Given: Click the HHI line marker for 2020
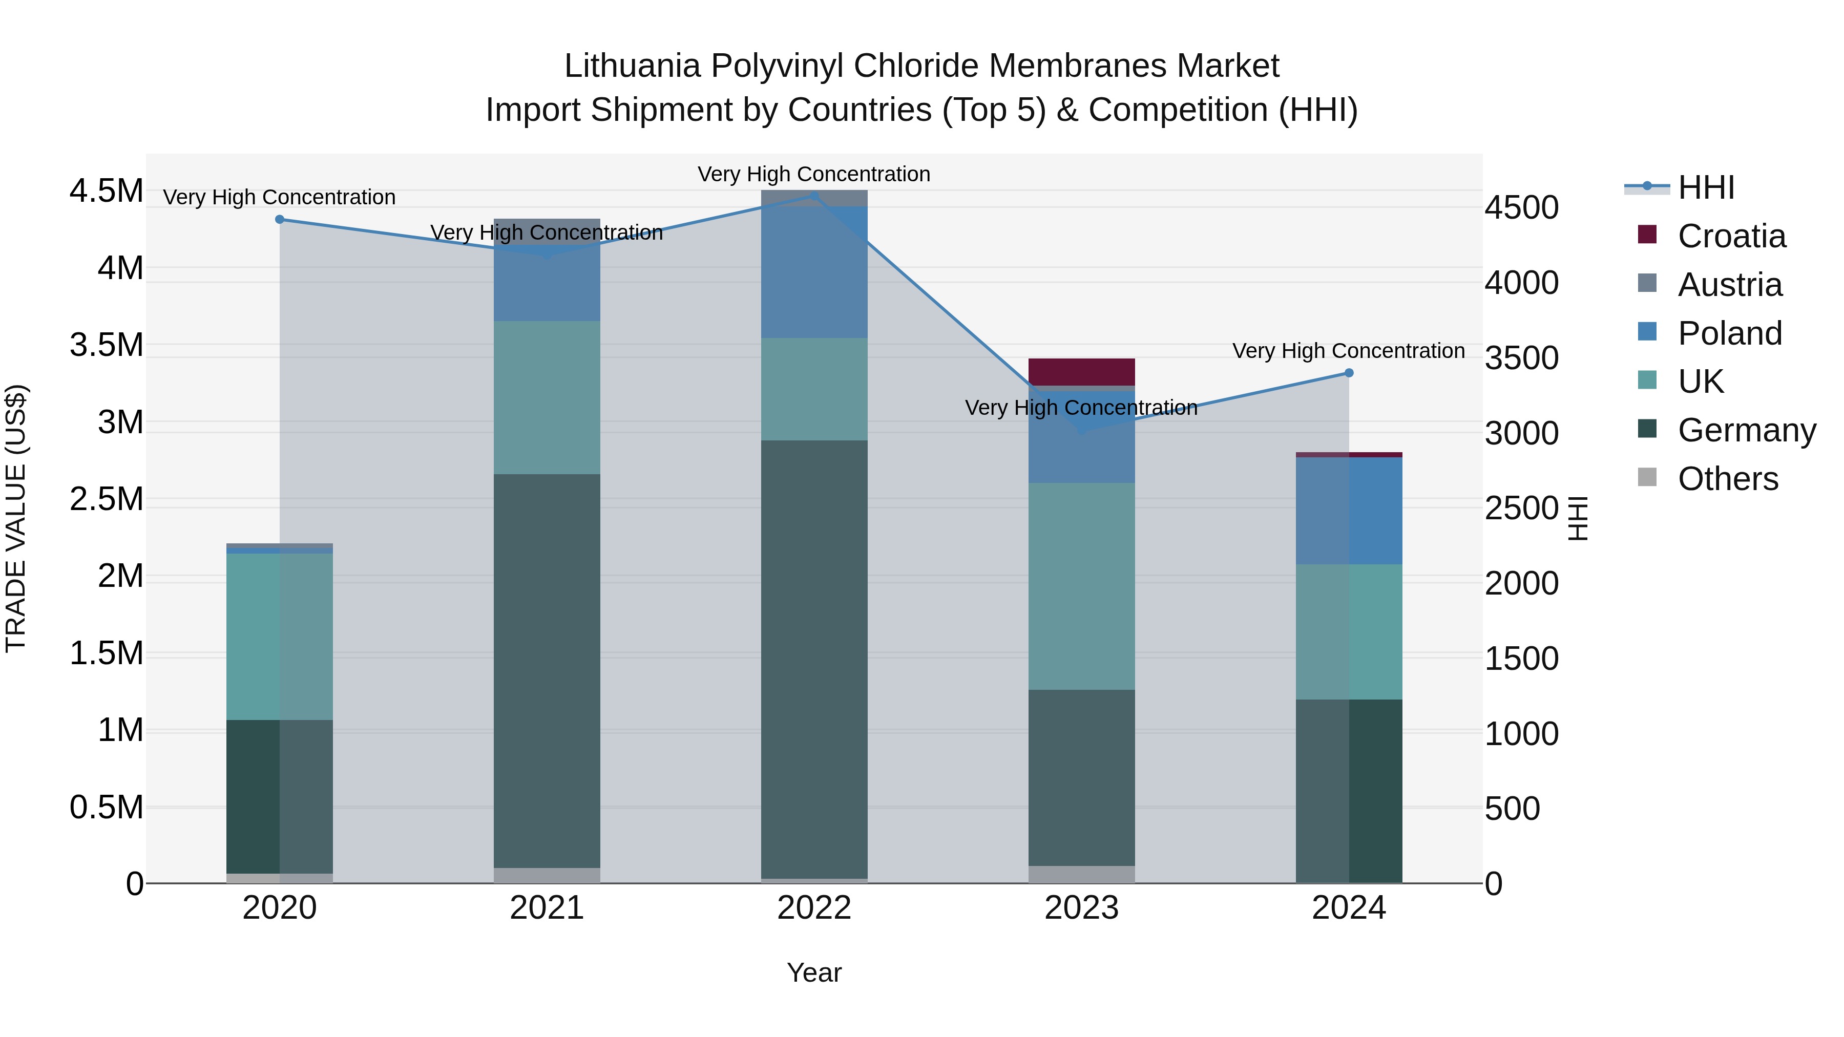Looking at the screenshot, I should click(280, 220).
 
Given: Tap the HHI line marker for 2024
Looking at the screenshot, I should click(1349, 373).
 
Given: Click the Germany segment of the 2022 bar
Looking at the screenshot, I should click(814, 659).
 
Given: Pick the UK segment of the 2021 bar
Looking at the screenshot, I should click(547, 397).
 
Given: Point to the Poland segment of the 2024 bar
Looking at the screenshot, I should click(1349, 510).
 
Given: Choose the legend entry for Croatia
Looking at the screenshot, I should click(1731, 236).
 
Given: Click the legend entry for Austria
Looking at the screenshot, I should click(1729, 285).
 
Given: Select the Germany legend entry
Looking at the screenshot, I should click(1746, 430).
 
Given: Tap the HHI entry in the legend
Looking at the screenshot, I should click(1705, 187).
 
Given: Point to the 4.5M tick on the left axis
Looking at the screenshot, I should click(107, 191).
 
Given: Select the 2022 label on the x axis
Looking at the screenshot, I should click(814, 908).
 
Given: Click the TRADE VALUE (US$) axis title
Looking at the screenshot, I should click(16, 518).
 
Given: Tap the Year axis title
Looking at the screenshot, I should click(814, 972).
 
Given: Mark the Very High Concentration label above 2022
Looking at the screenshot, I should click(814, 174).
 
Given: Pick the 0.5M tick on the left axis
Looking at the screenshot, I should click(107, 807).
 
